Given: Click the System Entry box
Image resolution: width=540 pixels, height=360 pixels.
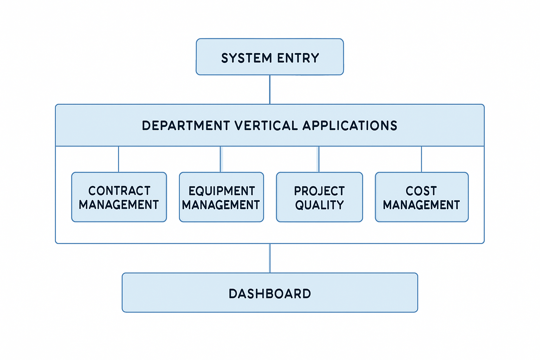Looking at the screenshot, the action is [x=270, y=57].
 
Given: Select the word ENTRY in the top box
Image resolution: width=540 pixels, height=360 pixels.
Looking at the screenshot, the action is [x=298, y=58].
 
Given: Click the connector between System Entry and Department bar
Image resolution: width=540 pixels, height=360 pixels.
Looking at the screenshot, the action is [x=270, y=89].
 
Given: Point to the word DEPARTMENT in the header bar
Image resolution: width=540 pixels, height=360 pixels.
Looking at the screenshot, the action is [x=186, y=126].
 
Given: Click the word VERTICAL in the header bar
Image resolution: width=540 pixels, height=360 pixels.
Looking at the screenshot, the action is [x=266, y=126].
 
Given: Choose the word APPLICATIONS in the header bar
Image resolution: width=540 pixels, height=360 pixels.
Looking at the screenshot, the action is [x=350, y=126].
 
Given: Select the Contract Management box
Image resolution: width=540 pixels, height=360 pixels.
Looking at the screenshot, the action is [x=119, y=197].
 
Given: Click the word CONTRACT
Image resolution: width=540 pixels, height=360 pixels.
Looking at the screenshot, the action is [x=119, y=191].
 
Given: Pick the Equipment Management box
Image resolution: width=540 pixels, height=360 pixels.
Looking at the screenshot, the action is [x=221, y=197].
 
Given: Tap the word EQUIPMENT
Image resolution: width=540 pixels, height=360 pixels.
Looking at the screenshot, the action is [x=221, y=191].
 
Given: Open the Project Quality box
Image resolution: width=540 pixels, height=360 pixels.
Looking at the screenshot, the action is [x=320, y=197].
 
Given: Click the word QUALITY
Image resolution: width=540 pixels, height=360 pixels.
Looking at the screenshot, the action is [x=320, y=205].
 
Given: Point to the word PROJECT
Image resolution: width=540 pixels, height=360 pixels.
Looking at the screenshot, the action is [x=320, y=191].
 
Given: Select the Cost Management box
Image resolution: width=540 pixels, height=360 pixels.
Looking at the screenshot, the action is [x=422, y=197].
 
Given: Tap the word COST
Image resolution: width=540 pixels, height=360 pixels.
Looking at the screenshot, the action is [x=421, y=191].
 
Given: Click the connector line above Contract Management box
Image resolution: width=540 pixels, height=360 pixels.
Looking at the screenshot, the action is [x=118, y=159].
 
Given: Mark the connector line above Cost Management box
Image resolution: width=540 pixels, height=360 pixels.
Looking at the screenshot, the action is [x=422, y=159].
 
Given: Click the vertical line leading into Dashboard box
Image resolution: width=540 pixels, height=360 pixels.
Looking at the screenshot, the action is [x=270, y=258].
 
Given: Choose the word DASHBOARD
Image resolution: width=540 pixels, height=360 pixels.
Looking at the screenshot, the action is [x=270, y=294].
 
